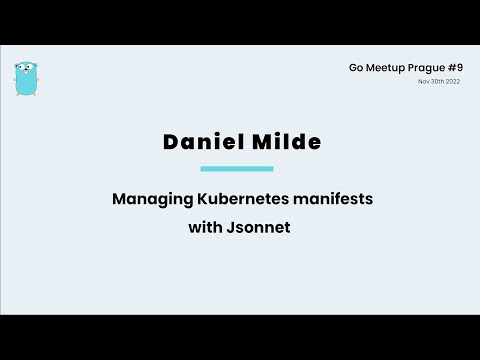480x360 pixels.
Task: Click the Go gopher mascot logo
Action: click(x=26, y=77)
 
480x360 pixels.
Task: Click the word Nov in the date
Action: click(x=423, y=81)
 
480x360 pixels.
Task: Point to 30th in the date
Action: click(x=436, y=81)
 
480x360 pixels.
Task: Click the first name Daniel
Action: click(x=201, y=142)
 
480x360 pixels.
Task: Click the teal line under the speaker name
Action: click(x=237, y=169)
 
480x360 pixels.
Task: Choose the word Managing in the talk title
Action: click(x=148, y=199)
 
